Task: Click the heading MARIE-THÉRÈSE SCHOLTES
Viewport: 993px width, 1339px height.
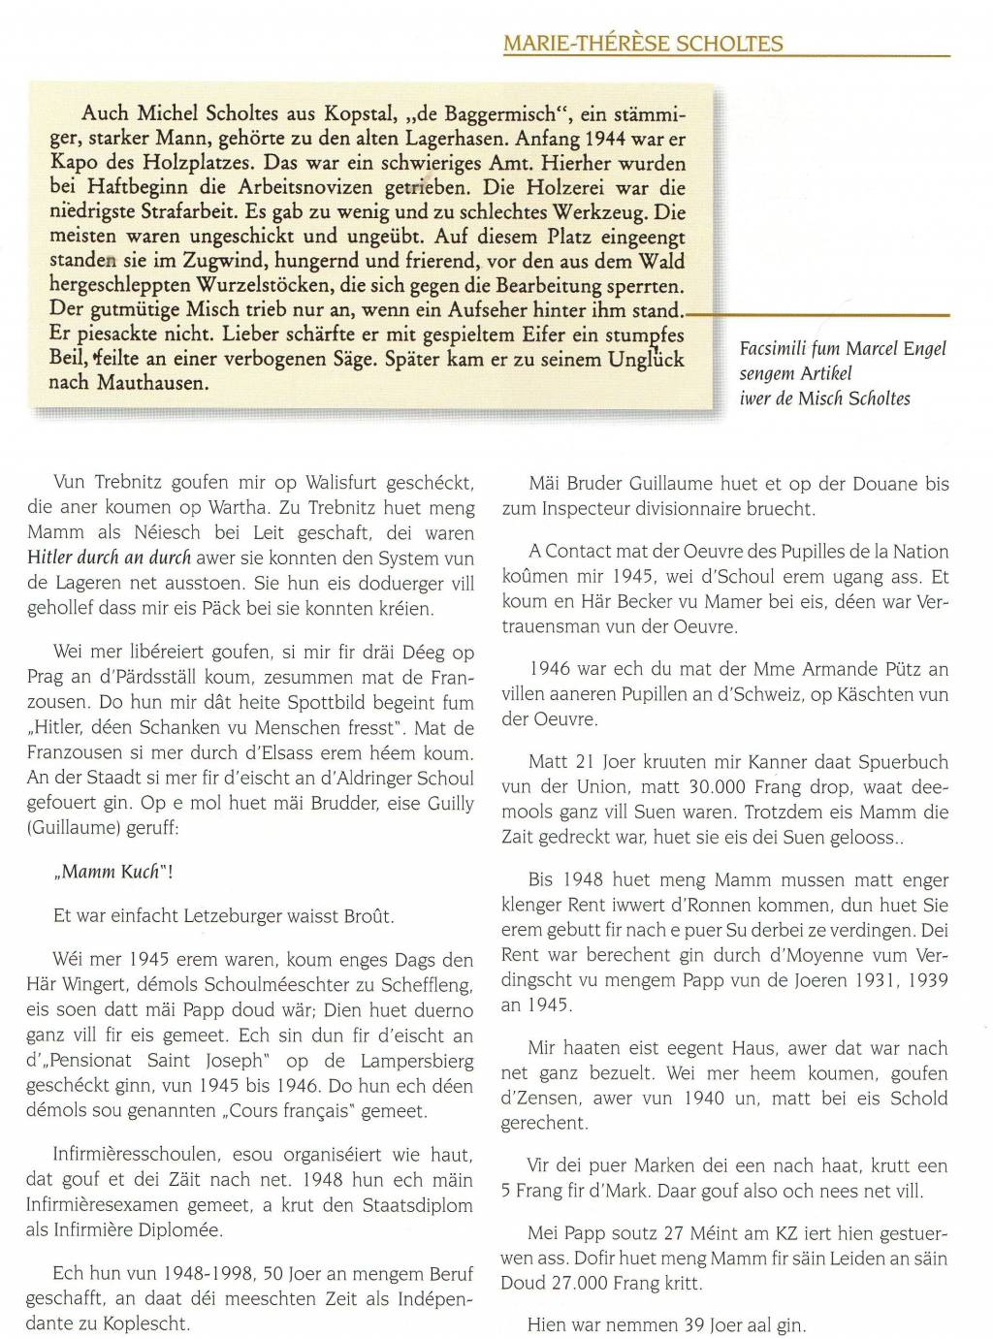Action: (x=643, y=43)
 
